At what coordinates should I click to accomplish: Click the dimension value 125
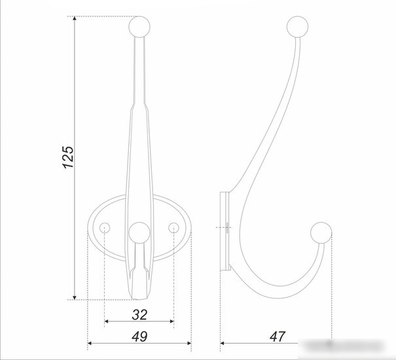point(68,157)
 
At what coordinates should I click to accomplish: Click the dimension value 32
point(139,315)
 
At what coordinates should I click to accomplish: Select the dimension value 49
point(139,336)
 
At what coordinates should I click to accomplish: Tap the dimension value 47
point(278,336)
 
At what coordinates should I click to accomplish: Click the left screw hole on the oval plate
point(105,228)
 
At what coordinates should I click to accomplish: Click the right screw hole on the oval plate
point(173,228)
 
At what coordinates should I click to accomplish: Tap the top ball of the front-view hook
point(139,27)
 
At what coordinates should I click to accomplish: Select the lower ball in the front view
point(139,233)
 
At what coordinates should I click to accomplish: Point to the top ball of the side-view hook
point(298,27)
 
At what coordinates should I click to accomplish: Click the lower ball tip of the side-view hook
point(321,233)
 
